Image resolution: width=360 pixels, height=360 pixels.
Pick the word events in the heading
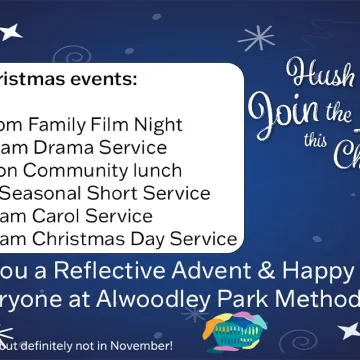tap(104, 78)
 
